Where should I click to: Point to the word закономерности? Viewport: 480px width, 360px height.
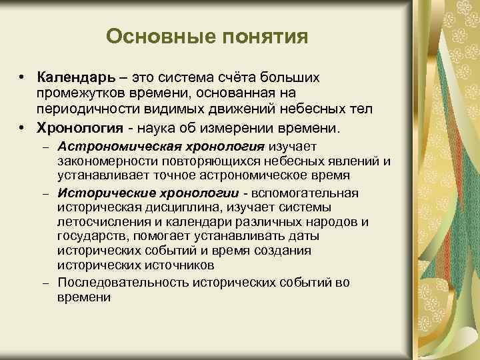(x=103, y=161)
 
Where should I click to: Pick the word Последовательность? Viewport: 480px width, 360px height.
(x=123, y=283)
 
